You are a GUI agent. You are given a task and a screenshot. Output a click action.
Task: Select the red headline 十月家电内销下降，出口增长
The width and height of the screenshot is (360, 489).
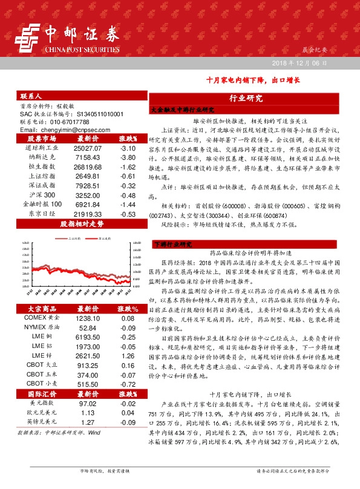click(x=252, y=80)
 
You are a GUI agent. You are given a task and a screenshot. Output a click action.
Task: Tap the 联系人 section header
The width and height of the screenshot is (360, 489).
click(x=30, y=97)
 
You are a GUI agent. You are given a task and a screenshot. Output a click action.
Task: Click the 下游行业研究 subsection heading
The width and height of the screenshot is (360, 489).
click(x=172, y=244)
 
